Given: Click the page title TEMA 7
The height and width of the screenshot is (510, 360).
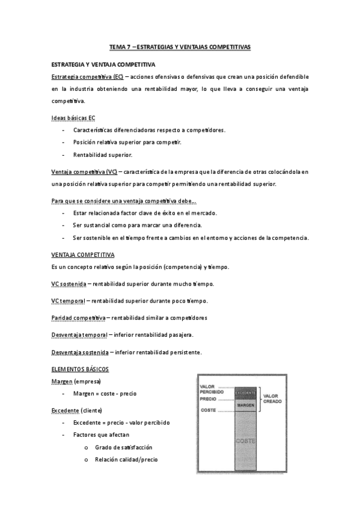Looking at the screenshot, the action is coord(180,46).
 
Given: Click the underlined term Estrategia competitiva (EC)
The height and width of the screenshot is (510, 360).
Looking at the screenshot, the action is coord(87,78).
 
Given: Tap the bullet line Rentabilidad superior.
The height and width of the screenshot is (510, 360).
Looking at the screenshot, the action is coord(102,155).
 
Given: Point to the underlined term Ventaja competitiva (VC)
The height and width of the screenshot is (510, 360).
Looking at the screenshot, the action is coord(84,171).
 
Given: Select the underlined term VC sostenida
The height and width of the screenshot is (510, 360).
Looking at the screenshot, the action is coord(68,284).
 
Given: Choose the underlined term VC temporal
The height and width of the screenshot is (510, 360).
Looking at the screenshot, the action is coord(68,301).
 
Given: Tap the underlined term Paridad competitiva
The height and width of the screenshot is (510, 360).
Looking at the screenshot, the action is coord(78,318).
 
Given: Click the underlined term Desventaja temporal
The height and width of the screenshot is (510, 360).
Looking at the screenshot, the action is coord(79,334).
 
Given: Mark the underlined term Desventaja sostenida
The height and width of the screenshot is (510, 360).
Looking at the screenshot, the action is coord(79,352).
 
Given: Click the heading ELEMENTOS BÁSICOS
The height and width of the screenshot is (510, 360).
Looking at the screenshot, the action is coord(80,369).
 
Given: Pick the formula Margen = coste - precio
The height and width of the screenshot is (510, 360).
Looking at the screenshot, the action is coord(105,393).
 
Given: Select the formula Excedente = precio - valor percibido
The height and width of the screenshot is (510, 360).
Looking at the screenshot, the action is coord(121,422).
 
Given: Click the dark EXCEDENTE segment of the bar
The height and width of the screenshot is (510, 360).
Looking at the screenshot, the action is coord(245,393).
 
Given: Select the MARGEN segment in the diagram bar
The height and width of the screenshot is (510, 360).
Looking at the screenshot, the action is coord(245,405).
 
